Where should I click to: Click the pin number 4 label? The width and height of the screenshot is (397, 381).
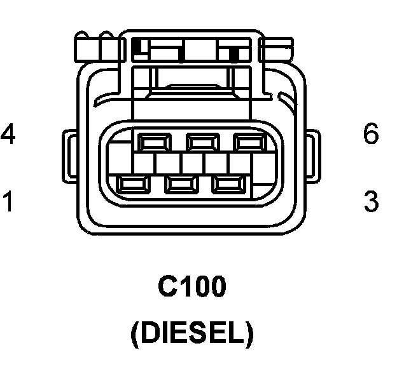pyautogui.click(x=8, y=135)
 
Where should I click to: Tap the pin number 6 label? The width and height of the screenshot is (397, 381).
pyautogui.click(x=371, y=135)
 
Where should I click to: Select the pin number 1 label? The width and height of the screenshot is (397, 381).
pyautogui.click(x=8, y=201)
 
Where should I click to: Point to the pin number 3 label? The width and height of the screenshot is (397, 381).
pyautogui.click(x=371, y=201)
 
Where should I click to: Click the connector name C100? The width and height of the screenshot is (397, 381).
pyautogui.click(x=192, y=289)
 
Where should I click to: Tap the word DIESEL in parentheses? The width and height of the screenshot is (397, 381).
pyautogui.click(x=192, y=334)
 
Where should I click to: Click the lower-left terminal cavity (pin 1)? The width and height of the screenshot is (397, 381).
pyautogui.click(x=133, y=185)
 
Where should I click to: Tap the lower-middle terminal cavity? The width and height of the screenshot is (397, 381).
pyautogui.click(x=180, y=185)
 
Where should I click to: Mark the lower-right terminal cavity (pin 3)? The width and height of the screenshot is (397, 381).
pyautogui.click(x=227, y=185)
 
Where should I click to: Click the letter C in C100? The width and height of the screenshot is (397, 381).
pyautogui.click(x=165, y=289)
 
